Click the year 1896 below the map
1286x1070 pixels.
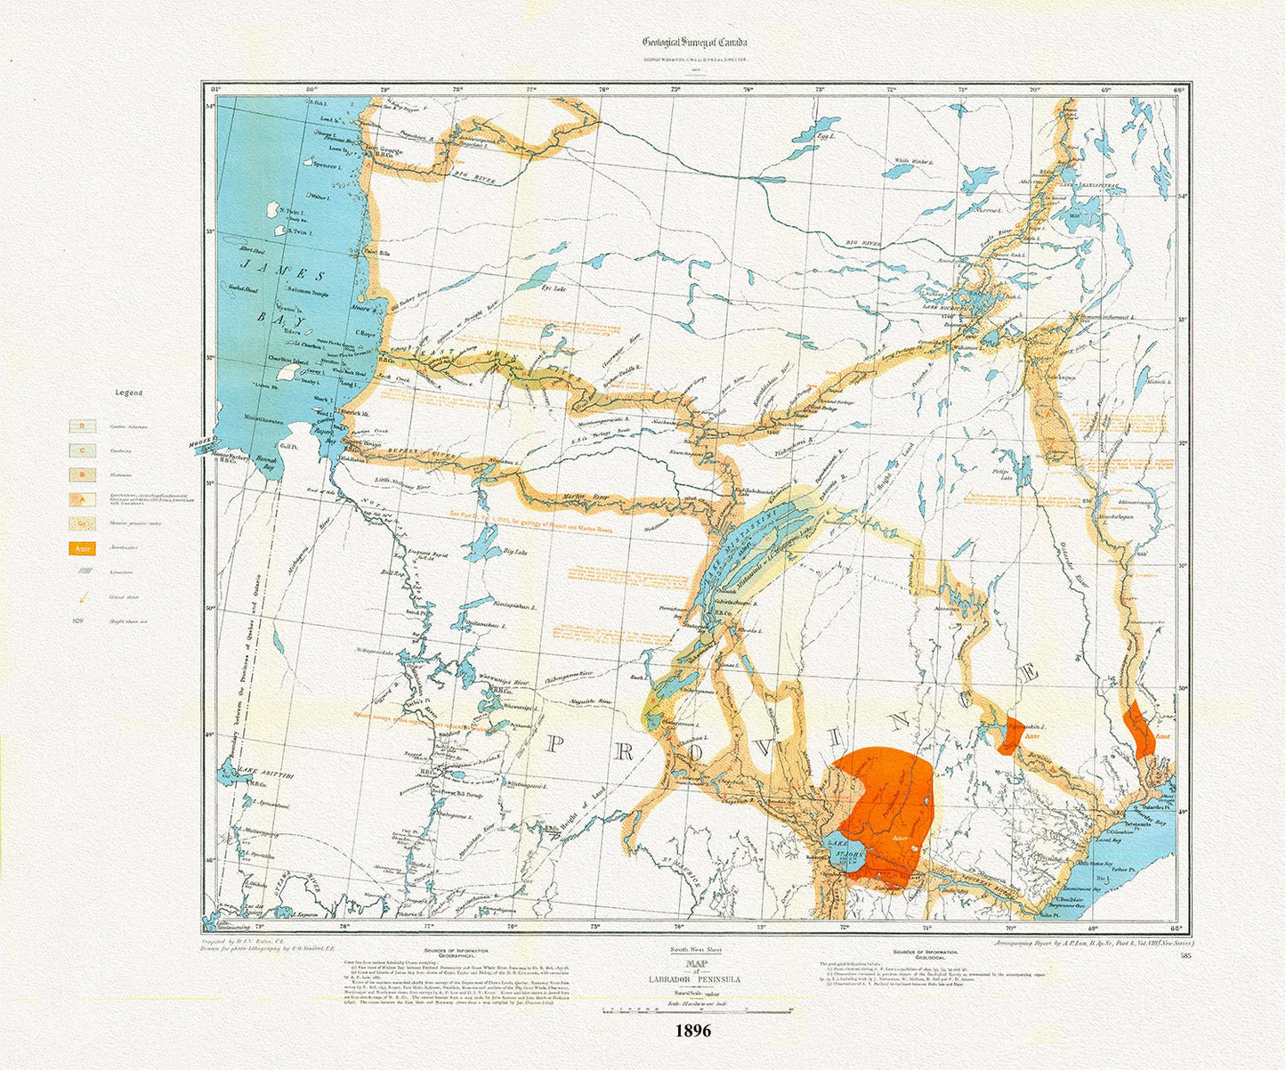coord(692,1031)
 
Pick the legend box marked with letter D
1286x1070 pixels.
coord(83,426)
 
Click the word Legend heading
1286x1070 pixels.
coord(128,393)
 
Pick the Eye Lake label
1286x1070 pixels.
coord(554,288)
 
